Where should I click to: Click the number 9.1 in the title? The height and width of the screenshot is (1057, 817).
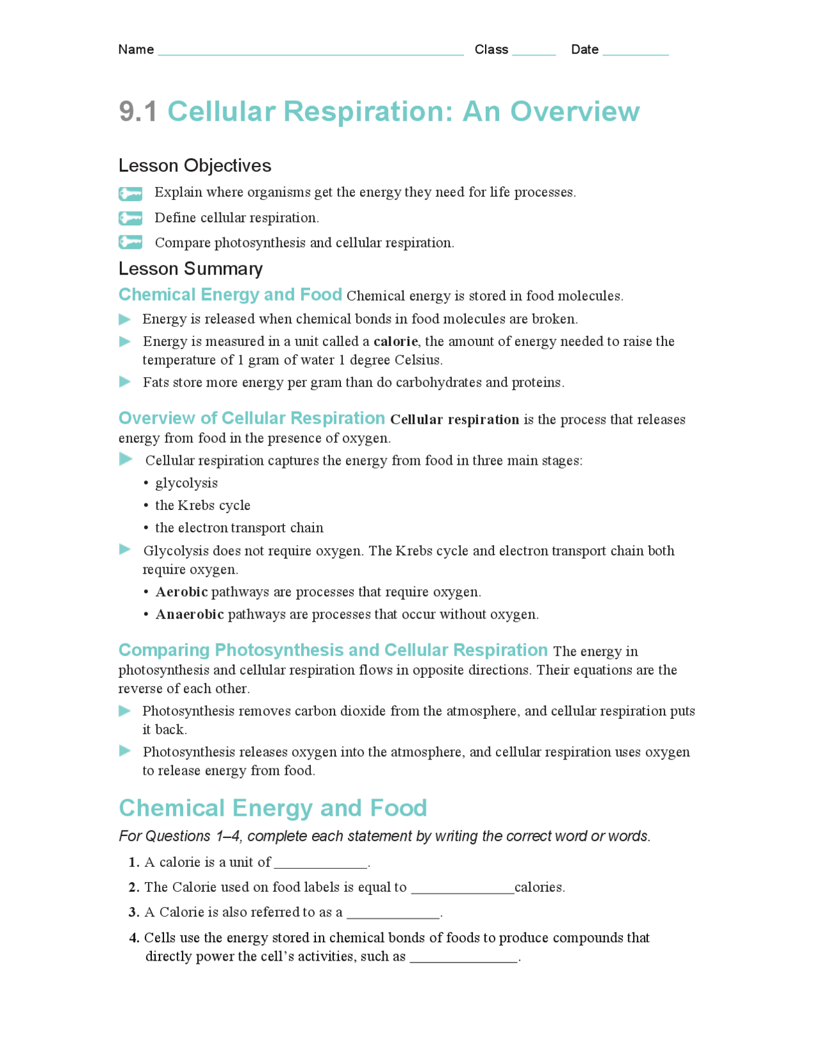[138, 112]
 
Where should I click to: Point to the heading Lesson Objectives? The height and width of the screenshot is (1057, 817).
[195, 166]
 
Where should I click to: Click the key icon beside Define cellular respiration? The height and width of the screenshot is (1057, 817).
[130, 218]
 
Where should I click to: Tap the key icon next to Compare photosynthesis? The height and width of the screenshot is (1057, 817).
[130, 243]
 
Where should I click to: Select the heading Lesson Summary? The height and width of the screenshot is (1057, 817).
[190, 269]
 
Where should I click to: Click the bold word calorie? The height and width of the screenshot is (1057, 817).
[395, 341]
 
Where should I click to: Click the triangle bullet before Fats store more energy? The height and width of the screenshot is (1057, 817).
[125, 382]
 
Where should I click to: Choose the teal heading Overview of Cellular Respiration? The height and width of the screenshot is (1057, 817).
[251, 419]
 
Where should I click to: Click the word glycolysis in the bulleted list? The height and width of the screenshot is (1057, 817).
[186, 483]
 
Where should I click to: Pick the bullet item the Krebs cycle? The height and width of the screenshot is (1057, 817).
[202, 506]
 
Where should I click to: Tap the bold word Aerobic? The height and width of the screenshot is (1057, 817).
[181, 592]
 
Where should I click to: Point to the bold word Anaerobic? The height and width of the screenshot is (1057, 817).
[190, 615]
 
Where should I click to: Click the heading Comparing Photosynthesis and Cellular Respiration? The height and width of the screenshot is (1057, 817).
[333, 650]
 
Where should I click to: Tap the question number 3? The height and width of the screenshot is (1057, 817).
[134, 913]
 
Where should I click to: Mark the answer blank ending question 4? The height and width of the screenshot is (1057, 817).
[463, 958]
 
